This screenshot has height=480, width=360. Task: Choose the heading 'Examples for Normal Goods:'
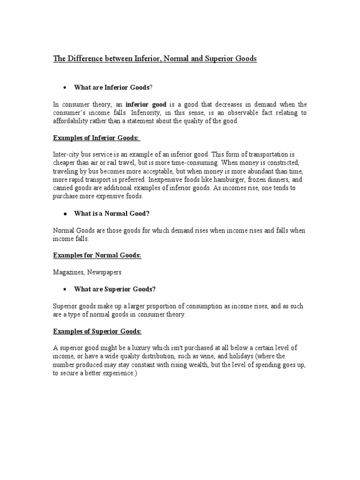coord(97,255)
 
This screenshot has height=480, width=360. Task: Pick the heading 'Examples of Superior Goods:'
coord(97,331)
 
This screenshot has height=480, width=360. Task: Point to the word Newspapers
coord(107,272)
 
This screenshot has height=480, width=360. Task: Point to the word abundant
coord(243,171)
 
